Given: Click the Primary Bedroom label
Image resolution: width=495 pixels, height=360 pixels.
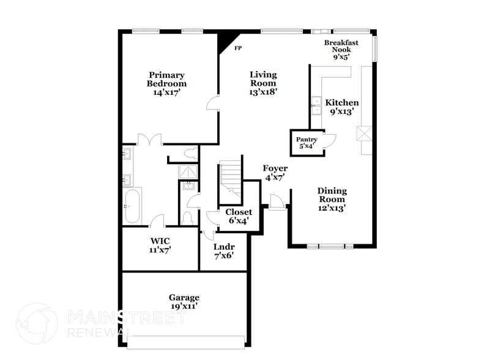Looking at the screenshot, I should click(166, 84).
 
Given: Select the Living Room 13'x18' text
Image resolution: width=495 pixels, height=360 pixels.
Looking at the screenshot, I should click(263, 83).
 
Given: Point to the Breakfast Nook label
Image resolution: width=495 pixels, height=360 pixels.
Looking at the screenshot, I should click(341, 49).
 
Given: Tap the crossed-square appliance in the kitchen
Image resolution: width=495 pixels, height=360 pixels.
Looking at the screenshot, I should click(365, 133).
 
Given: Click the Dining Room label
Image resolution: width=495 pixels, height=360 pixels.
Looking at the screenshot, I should click(332, 199).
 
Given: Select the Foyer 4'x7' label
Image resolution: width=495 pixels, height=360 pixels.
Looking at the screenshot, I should click(275, 173).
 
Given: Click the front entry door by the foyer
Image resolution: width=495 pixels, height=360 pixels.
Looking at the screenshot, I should click(276, 201).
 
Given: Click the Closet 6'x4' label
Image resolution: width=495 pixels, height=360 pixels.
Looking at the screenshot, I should click(239, 216).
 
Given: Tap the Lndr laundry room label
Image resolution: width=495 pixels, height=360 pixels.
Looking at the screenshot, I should click(223, 251).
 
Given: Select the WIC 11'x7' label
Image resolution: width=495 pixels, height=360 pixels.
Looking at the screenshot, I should click(160, 245).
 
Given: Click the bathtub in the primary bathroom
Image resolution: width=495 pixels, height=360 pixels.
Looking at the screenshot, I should click(132, 207).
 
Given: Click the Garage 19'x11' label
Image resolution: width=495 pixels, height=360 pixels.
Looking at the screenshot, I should click(184, 302).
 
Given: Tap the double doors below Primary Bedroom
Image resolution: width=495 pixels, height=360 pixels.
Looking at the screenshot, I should click(149, 140).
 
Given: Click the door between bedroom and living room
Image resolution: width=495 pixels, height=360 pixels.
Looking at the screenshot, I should click(212, 103).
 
